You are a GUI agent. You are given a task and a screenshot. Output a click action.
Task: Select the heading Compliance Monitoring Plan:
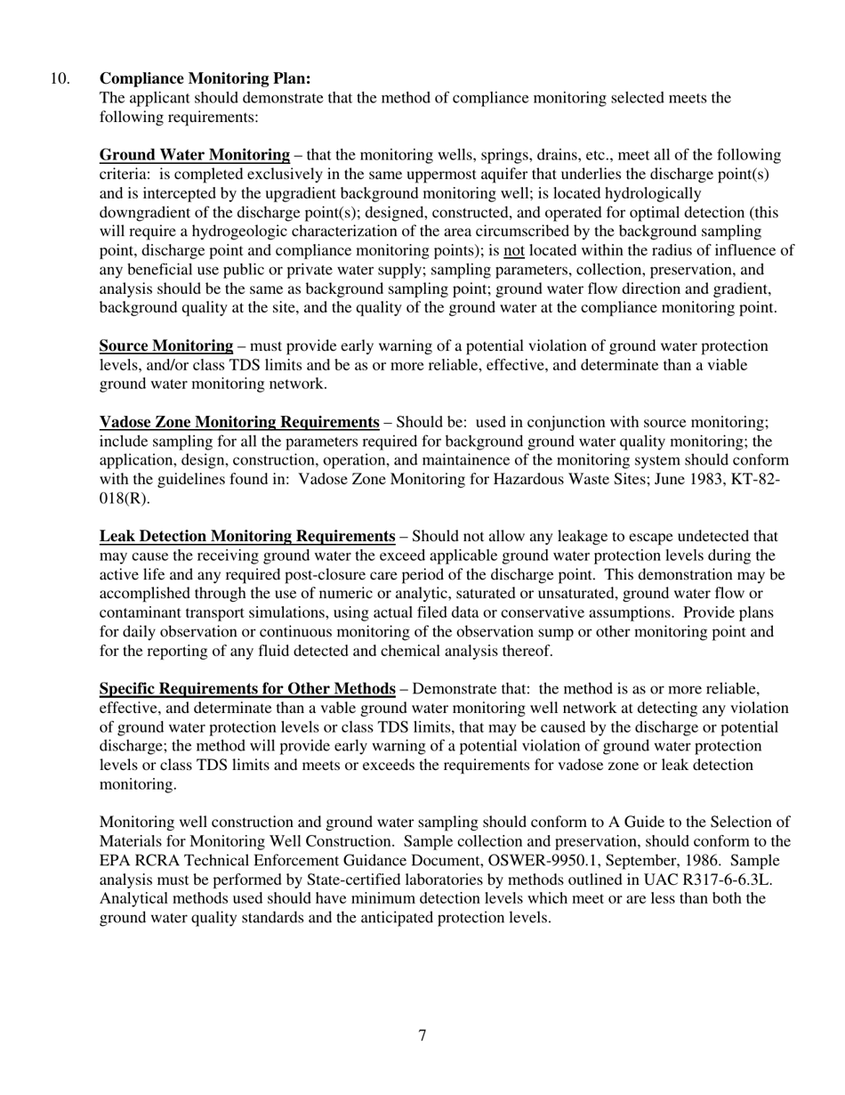click(x=205, y=78)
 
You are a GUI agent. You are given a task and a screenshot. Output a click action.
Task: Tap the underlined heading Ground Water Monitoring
click(x=194, y=155)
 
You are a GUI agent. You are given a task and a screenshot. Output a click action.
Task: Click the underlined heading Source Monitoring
click(x=165, y=345)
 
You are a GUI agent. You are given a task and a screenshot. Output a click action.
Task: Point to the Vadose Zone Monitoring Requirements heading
click(x=238, y=422)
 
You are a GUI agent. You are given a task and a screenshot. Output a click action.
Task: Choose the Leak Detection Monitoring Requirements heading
click(x=246, y=536)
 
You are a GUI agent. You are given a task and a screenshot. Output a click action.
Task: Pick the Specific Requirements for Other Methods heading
click(x=246, y=688)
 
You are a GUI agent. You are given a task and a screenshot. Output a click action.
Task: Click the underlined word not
click(x=513, y=250)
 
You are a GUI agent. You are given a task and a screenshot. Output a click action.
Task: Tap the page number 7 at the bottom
click(x=422, y=1034)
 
